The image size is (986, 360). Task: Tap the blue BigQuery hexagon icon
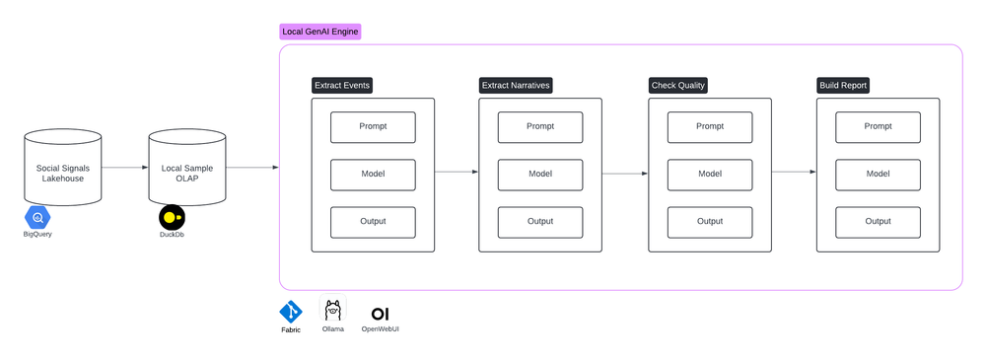39,217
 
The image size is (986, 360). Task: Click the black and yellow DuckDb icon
172,217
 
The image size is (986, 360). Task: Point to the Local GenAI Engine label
320,32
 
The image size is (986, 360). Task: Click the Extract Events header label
342,86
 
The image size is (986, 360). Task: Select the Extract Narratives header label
516,86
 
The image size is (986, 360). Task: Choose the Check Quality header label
677,86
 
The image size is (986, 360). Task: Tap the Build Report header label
843,86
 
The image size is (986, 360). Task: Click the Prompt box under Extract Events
373,126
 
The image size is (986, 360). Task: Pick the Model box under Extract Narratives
540,174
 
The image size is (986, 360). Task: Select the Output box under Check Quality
710,221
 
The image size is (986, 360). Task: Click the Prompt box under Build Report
878,126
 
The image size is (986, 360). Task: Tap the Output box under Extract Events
373,221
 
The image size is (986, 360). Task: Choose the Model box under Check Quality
710,174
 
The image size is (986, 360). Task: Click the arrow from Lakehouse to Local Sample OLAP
124,168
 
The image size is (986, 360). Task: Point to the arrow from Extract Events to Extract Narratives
456,173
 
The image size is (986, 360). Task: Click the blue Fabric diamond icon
291,312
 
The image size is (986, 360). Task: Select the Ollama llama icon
333,310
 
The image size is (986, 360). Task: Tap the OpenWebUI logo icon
380,313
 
